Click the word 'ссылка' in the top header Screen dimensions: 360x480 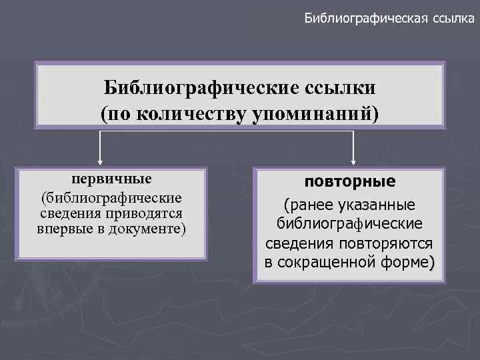pyautogui.click(x=448, y=18)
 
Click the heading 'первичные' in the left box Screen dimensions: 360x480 pyautogui.click(x=112, y=179)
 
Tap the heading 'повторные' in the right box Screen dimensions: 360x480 pyautogui.click(x=349, y=181)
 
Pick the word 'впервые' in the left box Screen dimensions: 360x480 pyautogui.click(x=61, y=228)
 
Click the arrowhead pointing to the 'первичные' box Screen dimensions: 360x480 pyautogui.click(x=100, y=160)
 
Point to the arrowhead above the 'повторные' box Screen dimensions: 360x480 pyautogui.click(x=353, y=160)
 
